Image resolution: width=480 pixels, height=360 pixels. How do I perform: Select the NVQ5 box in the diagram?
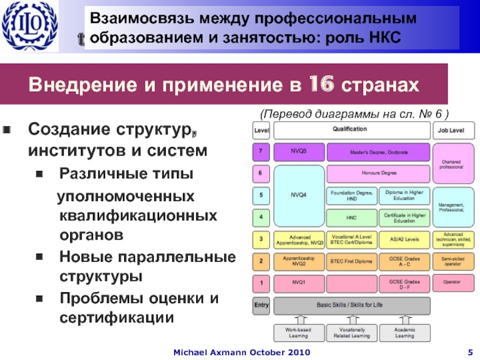point(298,152)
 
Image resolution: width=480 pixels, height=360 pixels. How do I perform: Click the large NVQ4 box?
point(298,194)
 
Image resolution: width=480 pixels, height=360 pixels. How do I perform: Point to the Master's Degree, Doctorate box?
point(378,152)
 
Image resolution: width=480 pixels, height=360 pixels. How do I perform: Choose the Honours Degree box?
point(378,173)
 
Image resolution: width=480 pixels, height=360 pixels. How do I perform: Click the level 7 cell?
point(261,152)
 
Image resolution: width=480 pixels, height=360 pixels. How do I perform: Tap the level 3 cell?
point(261,239)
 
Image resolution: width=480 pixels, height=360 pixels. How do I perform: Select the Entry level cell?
point(261,305)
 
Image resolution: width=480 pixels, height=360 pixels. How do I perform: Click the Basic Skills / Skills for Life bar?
point(352,305)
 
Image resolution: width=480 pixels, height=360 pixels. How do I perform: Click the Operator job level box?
point(451,282)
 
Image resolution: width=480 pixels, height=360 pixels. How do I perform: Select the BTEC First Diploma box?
point(351,261)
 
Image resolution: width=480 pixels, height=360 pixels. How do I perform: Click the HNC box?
point(351,217)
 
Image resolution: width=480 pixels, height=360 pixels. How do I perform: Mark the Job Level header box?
point(451,129)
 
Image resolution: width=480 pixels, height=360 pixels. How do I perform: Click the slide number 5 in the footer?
point(470,350)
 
